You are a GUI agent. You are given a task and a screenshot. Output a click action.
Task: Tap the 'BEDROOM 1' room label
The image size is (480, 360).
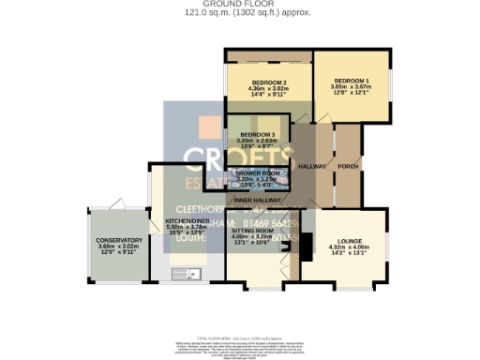click(352, 82)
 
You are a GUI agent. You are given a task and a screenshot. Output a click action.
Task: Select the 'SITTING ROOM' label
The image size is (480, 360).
click(252, 230)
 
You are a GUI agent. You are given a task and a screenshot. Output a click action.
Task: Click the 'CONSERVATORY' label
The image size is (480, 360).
click(118, 240)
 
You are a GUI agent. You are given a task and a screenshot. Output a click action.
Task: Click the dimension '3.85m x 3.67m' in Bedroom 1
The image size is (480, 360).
click(352, 87)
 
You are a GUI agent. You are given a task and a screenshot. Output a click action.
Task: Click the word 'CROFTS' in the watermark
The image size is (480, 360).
click(223, 157)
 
